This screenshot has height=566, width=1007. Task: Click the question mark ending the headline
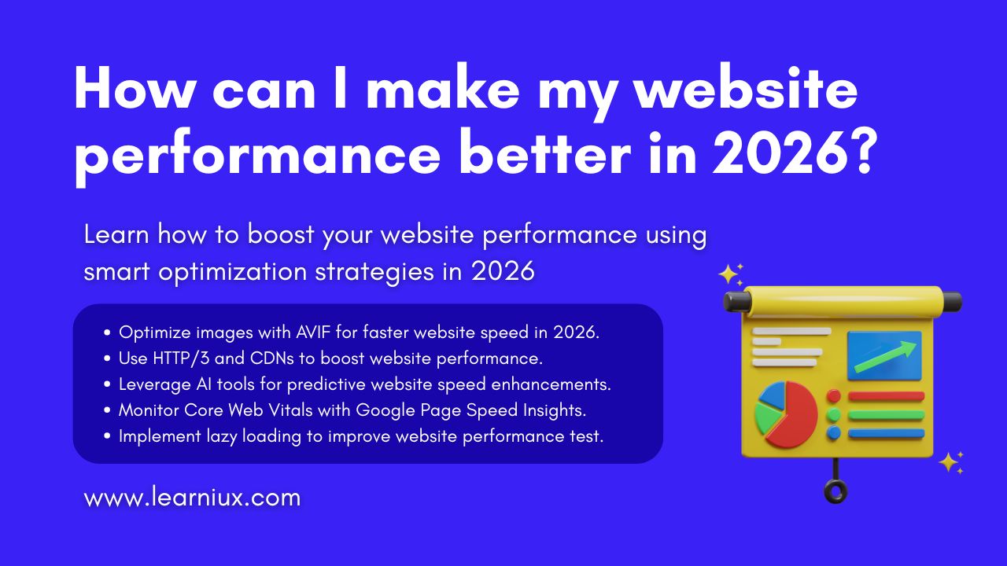[865, 153]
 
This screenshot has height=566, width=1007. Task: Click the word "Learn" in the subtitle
[116, 234]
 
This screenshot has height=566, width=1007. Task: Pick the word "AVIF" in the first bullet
[313, 333]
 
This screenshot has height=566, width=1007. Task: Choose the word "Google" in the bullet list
[385, 411]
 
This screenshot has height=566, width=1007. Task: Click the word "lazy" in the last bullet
[222, 436]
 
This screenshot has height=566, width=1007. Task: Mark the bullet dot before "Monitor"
[106, 410]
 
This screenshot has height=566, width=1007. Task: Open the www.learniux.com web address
[193, 498]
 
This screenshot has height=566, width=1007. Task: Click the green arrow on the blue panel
[885, 357]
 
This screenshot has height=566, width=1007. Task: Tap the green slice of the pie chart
[767, 417]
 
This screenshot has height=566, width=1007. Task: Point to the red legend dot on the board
[833, 396]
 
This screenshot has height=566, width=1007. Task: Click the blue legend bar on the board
[886, 433]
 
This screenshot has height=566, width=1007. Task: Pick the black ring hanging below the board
[835, 491]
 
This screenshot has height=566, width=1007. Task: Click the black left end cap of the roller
[737, 301]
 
